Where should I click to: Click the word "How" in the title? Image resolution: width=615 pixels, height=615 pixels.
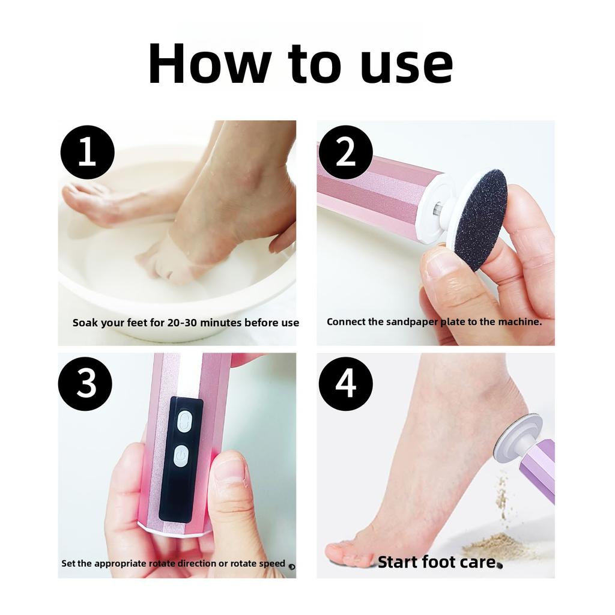210,64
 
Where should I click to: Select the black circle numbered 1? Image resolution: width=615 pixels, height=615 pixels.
87,152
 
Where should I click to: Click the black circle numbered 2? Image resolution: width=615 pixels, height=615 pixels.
345,152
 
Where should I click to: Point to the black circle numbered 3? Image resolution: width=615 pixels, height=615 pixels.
85,384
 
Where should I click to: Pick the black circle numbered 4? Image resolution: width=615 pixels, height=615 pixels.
345,384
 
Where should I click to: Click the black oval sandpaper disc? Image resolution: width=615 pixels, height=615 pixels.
482,220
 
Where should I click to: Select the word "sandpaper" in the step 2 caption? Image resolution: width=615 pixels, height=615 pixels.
412,323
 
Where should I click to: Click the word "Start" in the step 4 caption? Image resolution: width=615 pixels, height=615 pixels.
398,562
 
